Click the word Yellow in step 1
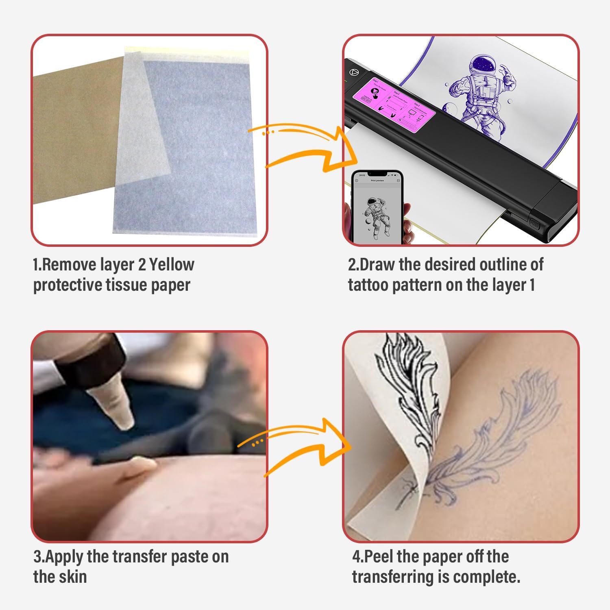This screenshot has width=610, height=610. click(x=172, y=265)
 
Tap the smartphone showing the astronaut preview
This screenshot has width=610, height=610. click(x=377, y=207)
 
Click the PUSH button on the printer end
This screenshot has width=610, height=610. click(x=534, y=223)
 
